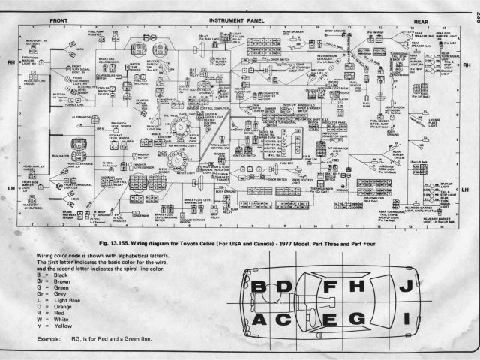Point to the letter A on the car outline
tap(259, 320)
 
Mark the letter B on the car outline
tap(259, 287)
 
